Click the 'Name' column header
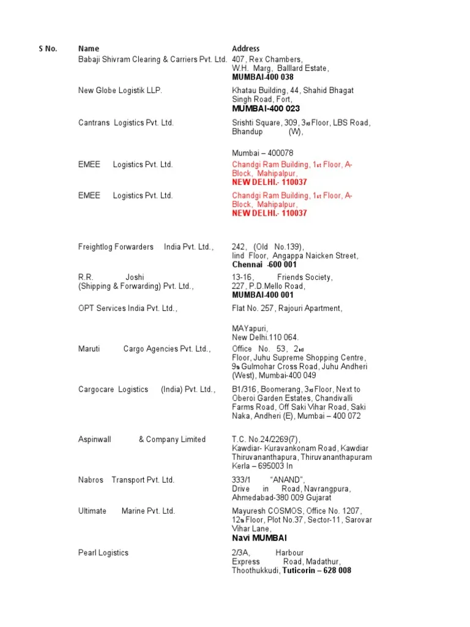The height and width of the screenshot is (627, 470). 89,48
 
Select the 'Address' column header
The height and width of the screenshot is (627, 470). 245,48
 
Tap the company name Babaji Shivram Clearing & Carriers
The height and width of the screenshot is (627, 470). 152,59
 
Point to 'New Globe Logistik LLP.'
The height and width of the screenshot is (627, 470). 121,91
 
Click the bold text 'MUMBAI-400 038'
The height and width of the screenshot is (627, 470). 263,77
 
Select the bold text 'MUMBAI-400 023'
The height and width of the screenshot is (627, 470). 266,108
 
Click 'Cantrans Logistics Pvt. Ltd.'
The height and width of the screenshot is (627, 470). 126,122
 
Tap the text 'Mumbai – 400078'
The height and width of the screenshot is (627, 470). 263,152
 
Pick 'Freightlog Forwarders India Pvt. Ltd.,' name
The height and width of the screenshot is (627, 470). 146,247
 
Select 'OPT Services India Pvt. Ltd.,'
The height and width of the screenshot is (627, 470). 128,309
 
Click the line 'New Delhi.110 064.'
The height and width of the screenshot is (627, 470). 265,337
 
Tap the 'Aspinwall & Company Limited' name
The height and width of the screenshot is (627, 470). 142,439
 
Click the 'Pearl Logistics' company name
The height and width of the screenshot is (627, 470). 103,552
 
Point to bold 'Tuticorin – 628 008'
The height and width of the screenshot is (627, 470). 316,570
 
